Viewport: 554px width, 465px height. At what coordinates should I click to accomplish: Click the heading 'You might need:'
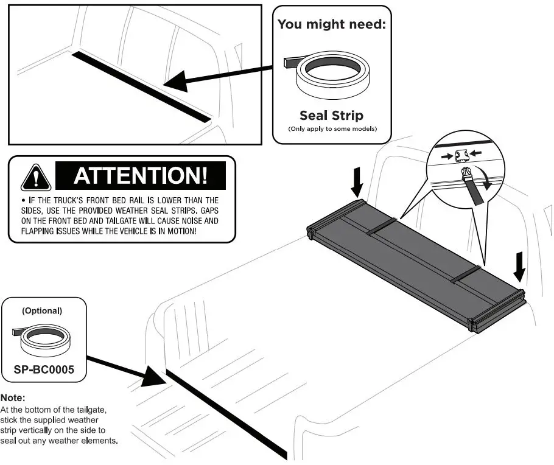point(332,24)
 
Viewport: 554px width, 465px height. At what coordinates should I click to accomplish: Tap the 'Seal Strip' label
point(331,116)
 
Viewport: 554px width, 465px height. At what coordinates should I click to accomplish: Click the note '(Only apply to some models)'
point(332,129)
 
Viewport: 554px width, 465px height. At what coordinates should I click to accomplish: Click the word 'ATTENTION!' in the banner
point(140,176)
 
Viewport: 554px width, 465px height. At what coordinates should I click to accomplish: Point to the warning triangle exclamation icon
point(36,177)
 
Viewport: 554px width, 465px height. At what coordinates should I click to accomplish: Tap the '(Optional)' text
point(41,310)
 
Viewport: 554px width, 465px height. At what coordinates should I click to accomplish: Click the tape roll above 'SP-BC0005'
point(43,341)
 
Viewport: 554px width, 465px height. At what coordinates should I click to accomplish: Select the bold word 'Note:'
point(13,397)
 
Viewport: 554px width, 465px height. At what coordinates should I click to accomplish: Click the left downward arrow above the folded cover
point(359,180)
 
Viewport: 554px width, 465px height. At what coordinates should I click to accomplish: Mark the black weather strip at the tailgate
point(225,413)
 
